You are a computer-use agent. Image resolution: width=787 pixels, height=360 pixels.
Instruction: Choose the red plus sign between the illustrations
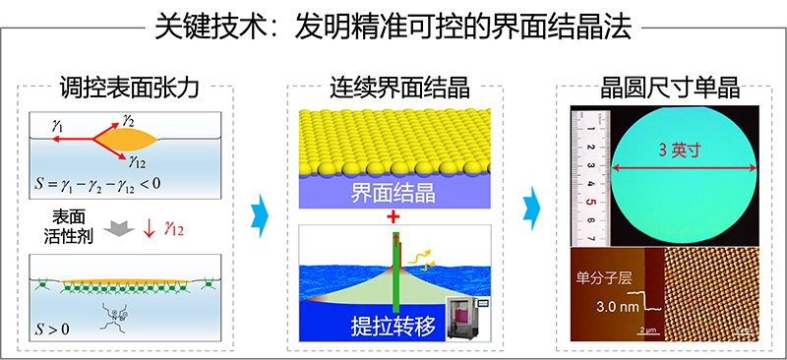click(x=393, y=215)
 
